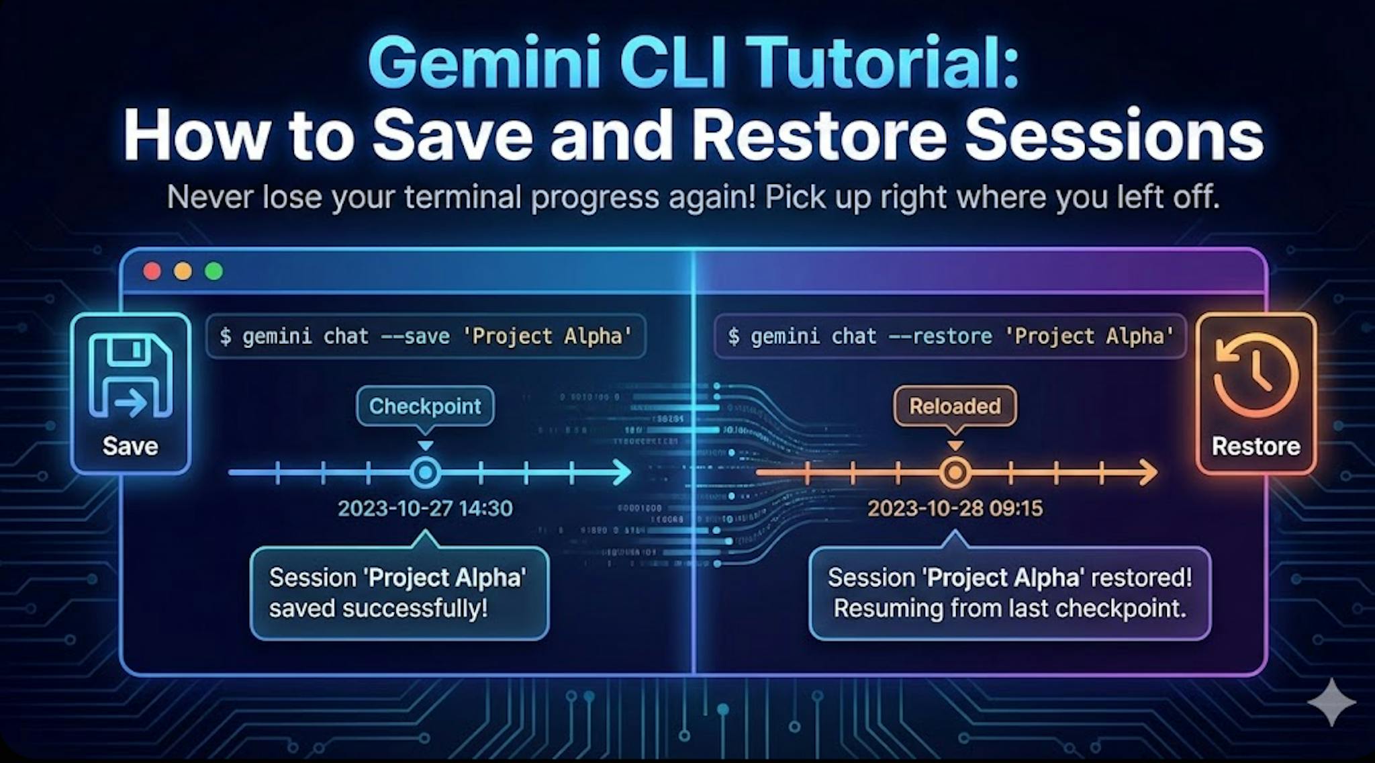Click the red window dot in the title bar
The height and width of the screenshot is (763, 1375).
pyautogui.click(x=152, y=271)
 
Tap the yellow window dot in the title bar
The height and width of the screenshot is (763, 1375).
pyautogui.click(x=183, y=271)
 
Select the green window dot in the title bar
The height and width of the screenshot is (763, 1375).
pyautogui.click(x=214, y=271)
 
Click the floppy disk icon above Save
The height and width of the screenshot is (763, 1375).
pyautogui.click(x=131, y=376)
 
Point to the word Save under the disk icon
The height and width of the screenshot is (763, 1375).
pyautogui.click(x=130, y=446)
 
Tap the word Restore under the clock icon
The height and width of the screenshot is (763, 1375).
pyautogui.click(x=1255, y=446)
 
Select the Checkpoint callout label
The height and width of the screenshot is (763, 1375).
pyautogui.click(x=425, y=406)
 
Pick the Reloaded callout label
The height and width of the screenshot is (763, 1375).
pyautogui.click(x=955, y=406)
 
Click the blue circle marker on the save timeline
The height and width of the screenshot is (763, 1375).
pyautogui.click(x=425, y=473)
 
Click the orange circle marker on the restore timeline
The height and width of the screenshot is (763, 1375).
pyautogui.click(x=955, y=473)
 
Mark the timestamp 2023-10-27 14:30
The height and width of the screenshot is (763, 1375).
pyautogui.click(x=425, y=508)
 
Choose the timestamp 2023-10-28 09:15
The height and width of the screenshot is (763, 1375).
pyautogui.click(x=955, y=508)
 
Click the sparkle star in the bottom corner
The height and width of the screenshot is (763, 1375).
pyautogui.click(x=1332, y=703)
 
